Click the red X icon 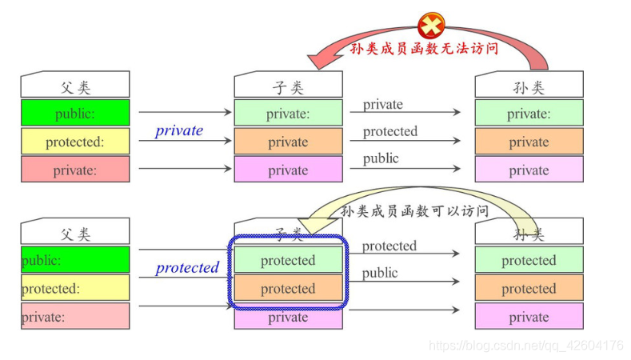click(430, 25)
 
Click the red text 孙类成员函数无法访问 click(424, 48)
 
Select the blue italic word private click(179, 130)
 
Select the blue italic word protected click(187, 268)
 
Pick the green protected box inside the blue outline click(288, 260)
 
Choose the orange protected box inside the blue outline click(288, 288)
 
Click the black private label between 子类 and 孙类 click(383, 105)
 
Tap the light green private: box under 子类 click(288, 114)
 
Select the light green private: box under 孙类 click(529, 114)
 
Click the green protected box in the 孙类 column click(529, 260)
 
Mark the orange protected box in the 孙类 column click(529, 288)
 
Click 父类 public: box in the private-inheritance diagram click(75, 114)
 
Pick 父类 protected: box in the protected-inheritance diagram click(75, 288)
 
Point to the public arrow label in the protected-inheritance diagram click(380, 274)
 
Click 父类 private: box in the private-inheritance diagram click(75, 170)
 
